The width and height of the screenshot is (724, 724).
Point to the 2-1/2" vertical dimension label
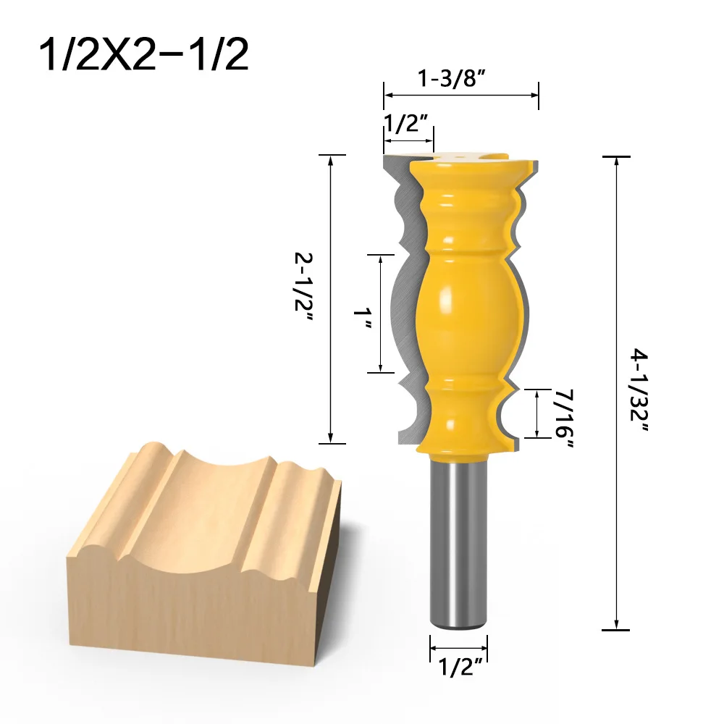(x=303, y=298)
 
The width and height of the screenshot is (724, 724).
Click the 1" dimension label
(x=361, y=316)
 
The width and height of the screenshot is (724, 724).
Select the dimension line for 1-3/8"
(x=461, y=95)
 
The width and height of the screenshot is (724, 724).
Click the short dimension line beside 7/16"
(x=537, y=413)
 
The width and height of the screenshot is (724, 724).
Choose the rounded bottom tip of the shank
(x=458, y=623)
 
